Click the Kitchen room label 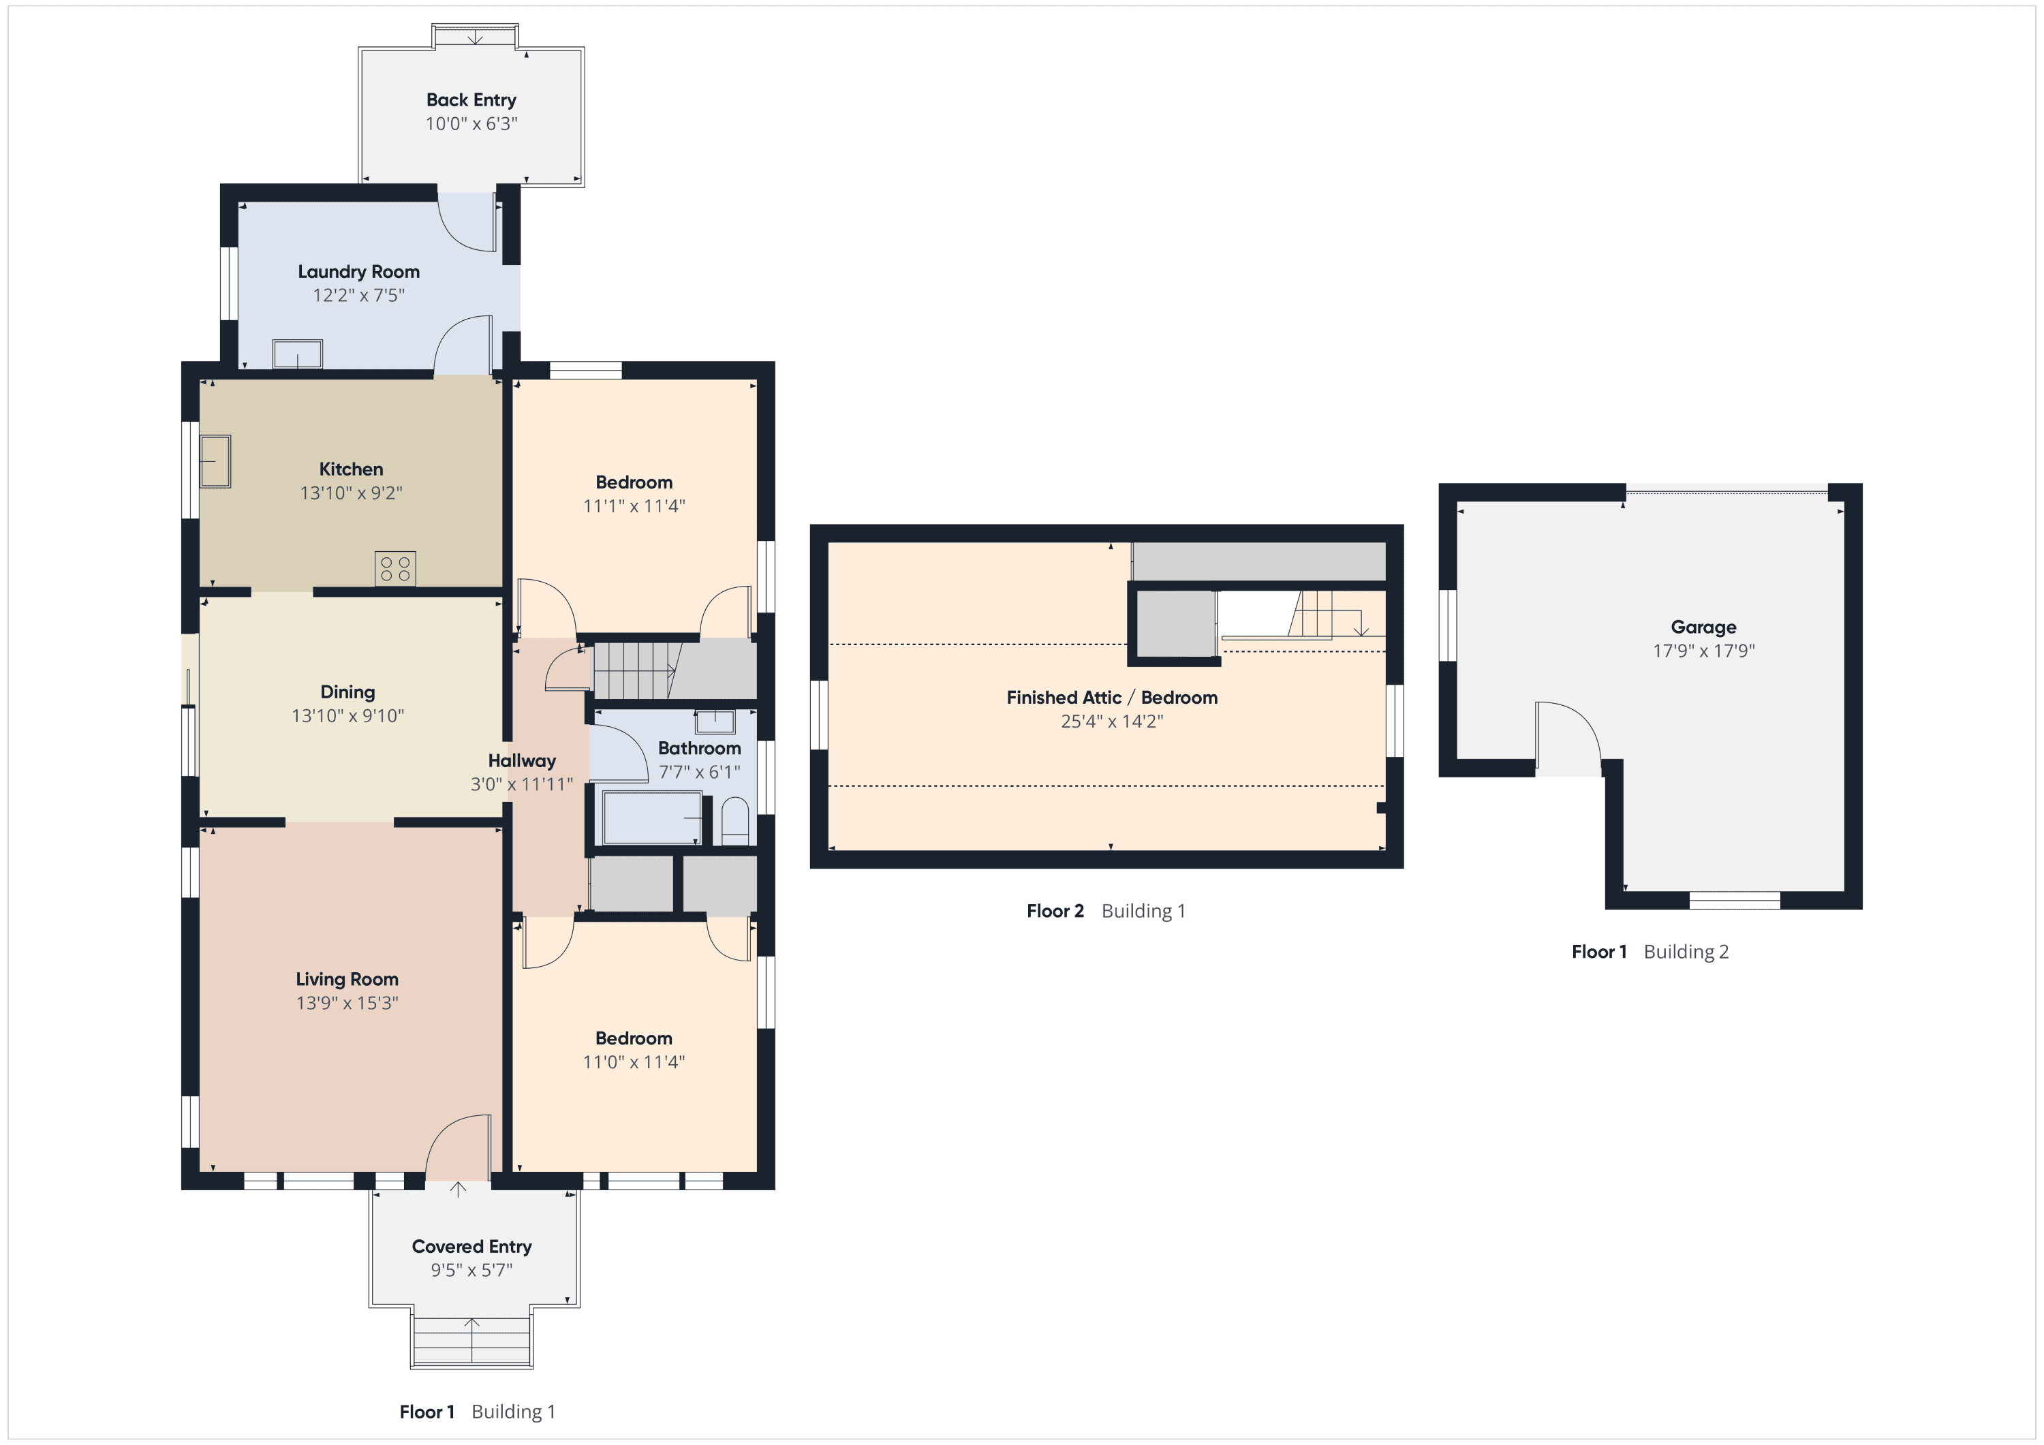[x=351, y=469]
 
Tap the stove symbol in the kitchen [x=395, y=569]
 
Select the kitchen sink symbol [x=215, y=461]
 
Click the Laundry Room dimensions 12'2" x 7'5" [x=359, y=295]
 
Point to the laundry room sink [x=297, y=354]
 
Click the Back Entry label [x=471, y=99]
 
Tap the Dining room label [x=347, y=692]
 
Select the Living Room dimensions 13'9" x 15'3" [x=347, y=1003]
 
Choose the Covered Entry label [x=472, y=1247]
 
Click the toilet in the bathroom [x=734, y=821]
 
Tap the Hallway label [x=522, y=760]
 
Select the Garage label [x=1703, y=627]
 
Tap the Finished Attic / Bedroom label [x=1112, y=697]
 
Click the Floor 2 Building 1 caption [x=1106, y=911]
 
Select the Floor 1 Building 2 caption [x=1650, y=952]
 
